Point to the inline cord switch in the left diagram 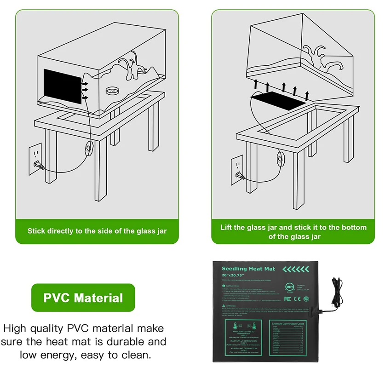pyautogui.click(x=87, y=149)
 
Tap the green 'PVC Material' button pyautogui.click(x=83, y=298)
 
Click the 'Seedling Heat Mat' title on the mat pyautogui.click(x=248, y=269)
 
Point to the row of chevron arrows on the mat pyautogui.click(x=295, y=269)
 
